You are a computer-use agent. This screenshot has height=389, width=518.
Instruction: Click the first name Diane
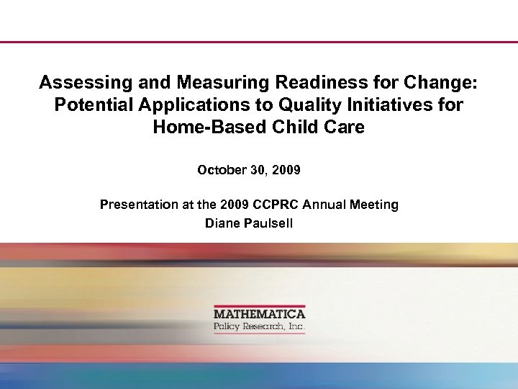tap(221, 223)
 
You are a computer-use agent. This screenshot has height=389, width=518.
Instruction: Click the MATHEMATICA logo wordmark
tap(259, 314)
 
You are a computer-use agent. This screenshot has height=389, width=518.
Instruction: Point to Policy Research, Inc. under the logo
tap(259, 327)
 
